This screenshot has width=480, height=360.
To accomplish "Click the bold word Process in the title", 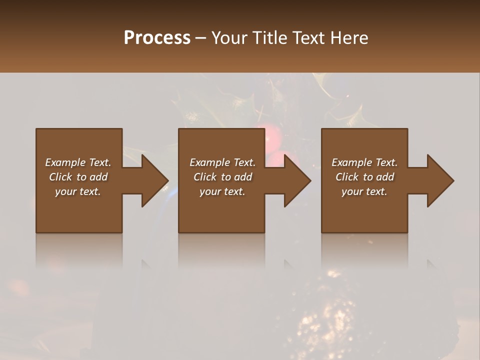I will (x=157, y=38).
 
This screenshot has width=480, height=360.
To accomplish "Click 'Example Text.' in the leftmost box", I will (x=78, y=162).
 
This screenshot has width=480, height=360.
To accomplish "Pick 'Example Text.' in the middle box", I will (x=222, y=162).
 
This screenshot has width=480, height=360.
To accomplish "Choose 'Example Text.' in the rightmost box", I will (x=364, y=162).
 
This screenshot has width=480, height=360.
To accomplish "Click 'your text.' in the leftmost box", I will (x=78, y=191).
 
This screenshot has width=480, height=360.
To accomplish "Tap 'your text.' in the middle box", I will (x=222, y=191).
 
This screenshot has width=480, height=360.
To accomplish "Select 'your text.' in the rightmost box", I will (x=364, y=191).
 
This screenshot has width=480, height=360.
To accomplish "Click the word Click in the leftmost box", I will (x=61, y=177).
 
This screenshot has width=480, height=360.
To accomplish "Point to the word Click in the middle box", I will (x=205, y=177).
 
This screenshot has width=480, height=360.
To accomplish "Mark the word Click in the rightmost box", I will (x=347, y=177).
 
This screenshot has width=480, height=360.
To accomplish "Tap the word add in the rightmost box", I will (x=385, y=177).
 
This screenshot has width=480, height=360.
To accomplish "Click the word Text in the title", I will (x=307, y=38).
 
